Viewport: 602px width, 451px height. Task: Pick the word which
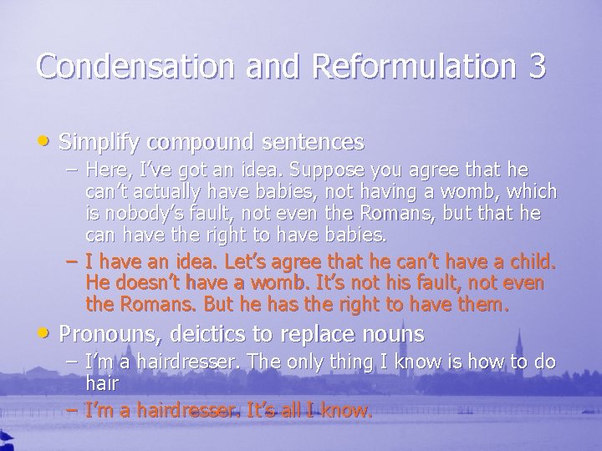pyautogui.click(x=530, y=191)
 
